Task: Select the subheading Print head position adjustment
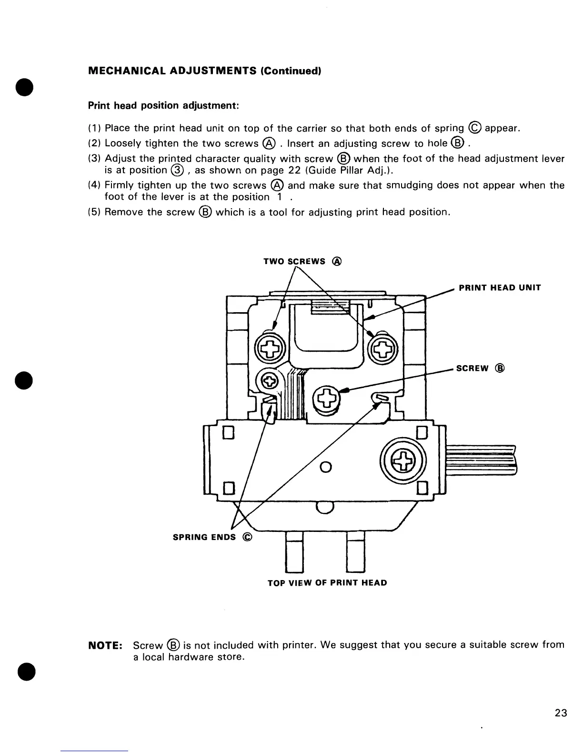point(163,105)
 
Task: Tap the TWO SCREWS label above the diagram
point(302,261)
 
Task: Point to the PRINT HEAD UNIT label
point(500,287)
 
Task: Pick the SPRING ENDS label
point(211,537)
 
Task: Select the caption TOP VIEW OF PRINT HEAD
point(327,582)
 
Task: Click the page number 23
point(561,713)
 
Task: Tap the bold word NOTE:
point(106,645)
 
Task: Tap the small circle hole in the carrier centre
point(326,466)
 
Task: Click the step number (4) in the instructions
point(94,185)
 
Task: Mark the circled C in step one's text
point(475,128)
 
